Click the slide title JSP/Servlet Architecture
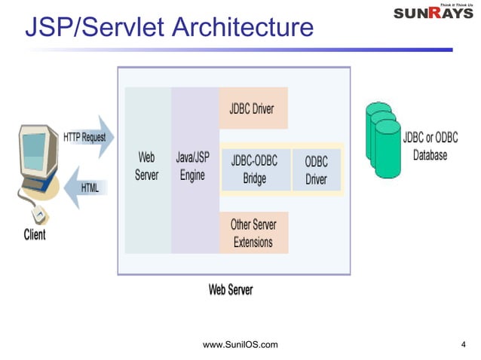pyautogui.click(x=169, y=27)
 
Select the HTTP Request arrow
pyautogui.click(x=87, y=138)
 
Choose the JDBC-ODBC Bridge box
pyautogui.click(x=255, y=169)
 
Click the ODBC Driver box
pyautogui.click(x=316, y=169)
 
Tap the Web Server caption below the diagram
pyautogui.click(x=230, y=290)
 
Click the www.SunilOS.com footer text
pyautogui.click(x=240, y=345)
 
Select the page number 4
pyautogui.click(x=463, y=345)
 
